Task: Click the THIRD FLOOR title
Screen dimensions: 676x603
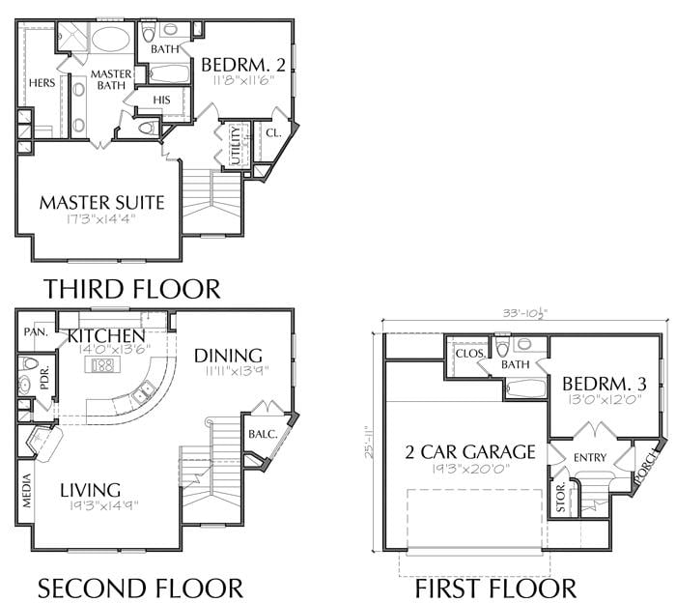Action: point(132,289)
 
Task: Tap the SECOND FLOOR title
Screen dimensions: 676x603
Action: point(141,589)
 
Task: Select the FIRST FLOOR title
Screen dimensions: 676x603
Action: point(495,589)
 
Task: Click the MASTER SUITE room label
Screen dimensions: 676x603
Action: point(101,203)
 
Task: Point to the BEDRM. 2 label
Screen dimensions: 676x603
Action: point(243,65)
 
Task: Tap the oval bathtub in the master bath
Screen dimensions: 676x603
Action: point(111,40)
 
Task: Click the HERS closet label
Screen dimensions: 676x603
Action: point(42,82)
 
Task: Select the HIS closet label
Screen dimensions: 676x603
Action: point(161,100)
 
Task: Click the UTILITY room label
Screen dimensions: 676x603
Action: point(236,145)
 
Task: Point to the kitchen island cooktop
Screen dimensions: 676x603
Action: point(102,365)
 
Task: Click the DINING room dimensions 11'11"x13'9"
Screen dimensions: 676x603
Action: point(237,370)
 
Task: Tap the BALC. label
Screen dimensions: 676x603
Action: point(263,434)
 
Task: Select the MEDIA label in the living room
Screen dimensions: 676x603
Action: point(27,491)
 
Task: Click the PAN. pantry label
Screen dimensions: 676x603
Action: point(36,332)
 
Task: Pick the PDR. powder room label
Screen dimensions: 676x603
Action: point(45,378)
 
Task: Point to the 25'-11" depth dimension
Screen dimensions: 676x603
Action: point(369,443)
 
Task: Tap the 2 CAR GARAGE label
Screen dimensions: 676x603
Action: point(470,452)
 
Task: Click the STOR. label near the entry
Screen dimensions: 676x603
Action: point(560,498)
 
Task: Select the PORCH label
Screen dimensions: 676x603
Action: point(648,466)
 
